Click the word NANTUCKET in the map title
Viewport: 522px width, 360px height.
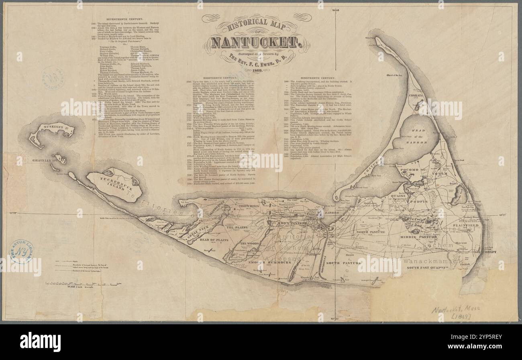(x=255, y=41)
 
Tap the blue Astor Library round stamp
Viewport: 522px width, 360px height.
(x=21, y=251)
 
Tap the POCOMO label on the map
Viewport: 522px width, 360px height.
(x=409, y=170)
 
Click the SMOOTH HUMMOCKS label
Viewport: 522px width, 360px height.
(x=263, y=262)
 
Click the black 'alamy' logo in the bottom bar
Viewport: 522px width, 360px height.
(x=40, y=342)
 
